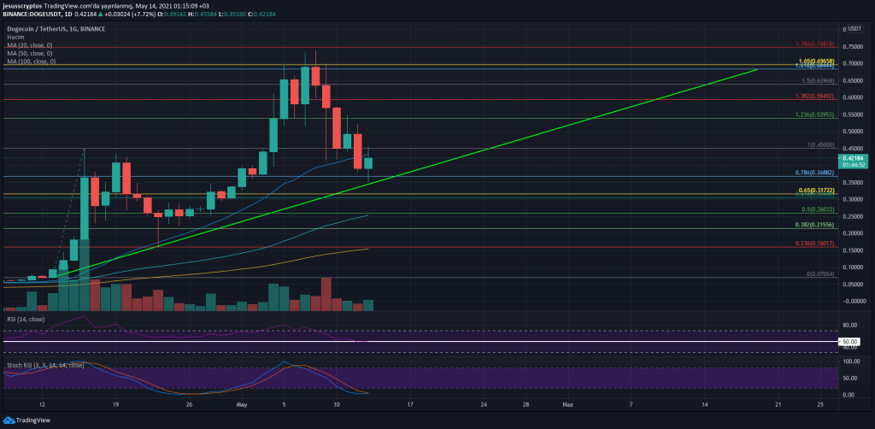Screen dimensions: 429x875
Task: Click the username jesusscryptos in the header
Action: (25, 5)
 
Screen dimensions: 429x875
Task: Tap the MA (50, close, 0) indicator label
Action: (30, 55)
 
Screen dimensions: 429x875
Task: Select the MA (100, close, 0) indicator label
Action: (31, 62)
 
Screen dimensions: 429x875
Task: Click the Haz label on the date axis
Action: (567, 402)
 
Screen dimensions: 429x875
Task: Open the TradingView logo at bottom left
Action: (27, 420)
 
